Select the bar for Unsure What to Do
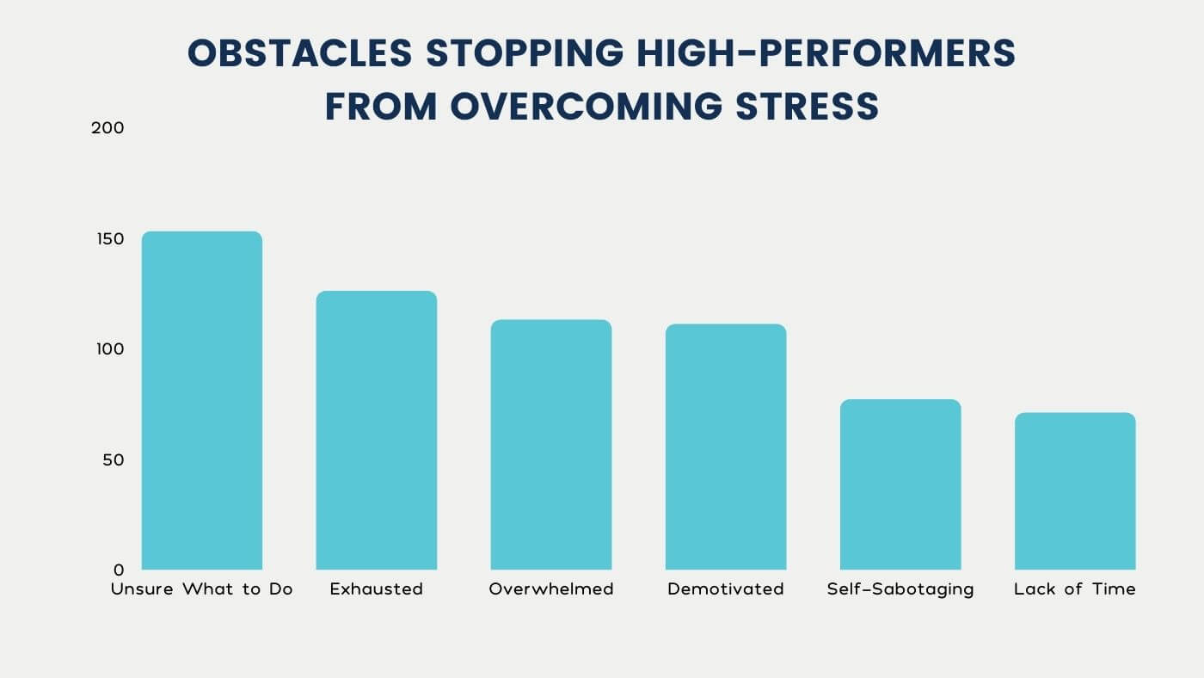[x=201, y=400]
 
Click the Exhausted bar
[x=376, y=430]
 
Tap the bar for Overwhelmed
[x=550, y=444]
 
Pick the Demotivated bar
[x=726, y=447]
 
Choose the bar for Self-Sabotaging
[x=900, y=484]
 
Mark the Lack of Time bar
[x=1075, y=490]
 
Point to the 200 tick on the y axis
[x=107, y=127]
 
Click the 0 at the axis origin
[x=119, y=570]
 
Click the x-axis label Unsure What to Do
[x=201, y=589]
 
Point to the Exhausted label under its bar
[x=376, y=589]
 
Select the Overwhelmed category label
[x=550, y=589]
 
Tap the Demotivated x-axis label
[x=726, y=589]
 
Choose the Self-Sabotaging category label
[x=900, y=589]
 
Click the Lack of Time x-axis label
[x=1075, y=589]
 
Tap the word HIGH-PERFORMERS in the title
[x=825, y=55]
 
